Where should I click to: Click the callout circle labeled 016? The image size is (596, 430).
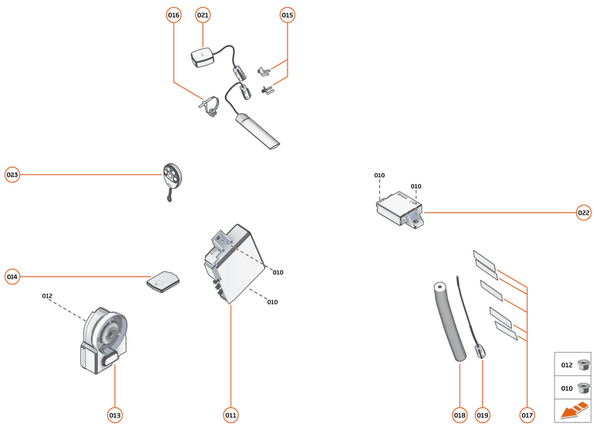[x=173, y=15]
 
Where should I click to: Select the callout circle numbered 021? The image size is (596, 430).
[x=203, y=15]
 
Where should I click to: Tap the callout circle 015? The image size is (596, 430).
[x=288, y=15]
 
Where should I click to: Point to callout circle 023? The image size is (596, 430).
[x=12, y=175]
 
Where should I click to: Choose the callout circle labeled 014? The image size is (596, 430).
[x=12, y=276]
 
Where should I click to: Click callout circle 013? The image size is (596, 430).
[x=115, y=415]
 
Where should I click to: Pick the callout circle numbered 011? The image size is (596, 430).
[x=231, y=415]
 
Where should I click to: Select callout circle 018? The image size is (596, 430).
[x=460, y=415]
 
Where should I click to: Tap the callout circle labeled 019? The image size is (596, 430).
[x=483, y=415]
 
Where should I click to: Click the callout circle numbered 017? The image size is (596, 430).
[x=527, y=415]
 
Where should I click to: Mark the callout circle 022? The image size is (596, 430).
[x=584, y=213]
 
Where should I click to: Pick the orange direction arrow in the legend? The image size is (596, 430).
[x=572, y=412]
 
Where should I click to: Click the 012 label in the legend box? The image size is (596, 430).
[x=567, y=365]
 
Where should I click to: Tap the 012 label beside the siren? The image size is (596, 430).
[x=47, y=296]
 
